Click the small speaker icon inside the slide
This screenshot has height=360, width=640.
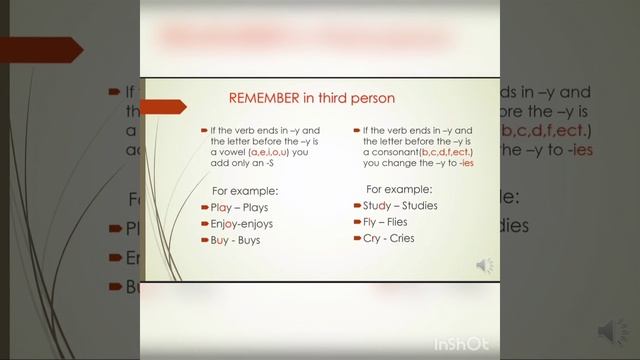(x=485, y=265)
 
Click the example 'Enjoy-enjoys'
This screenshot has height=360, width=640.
(x=244, y=224)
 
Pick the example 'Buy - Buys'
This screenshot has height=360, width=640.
(x=235, y=241)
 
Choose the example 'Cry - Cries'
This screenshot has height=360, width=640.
(x=388, y=238)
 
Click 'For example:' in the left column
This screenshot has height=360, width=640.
(x=244, y=190)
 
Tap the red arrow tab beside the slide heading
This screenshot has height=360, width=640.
(x=164, y=104)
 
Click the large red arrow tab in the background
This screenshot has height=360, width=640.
(x=40, y=49)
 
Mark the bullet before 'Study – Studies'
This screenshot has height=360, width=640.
(x=355, y=205)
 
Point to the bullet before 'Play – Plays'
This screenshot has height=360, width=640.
(x=203, y=207)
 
